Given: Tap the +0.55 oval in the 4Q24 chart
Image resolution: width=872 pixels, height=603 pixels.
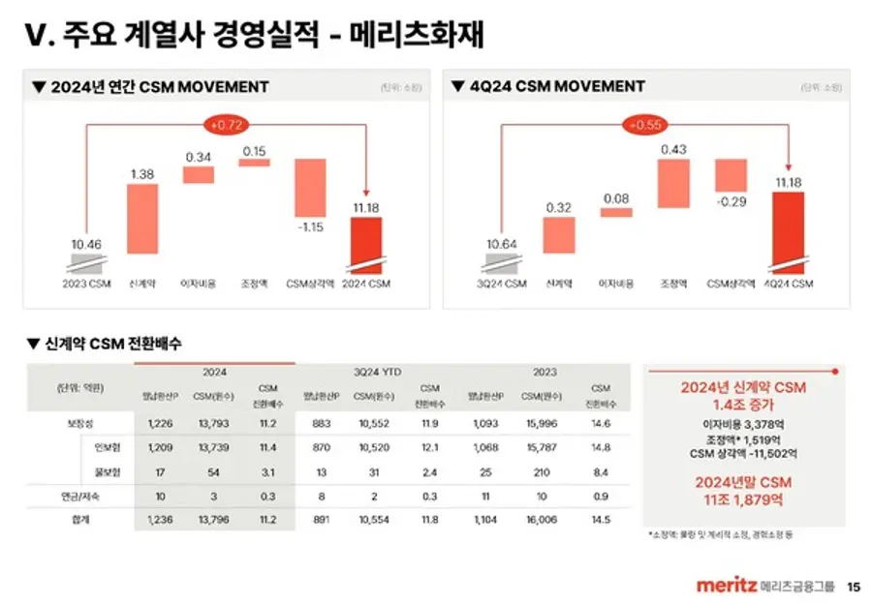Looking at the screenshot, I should click(x=645, y=125).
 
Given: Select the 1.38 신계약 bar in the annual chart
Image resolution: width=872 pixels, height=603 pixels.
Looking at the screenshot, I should click(x=141, y=219).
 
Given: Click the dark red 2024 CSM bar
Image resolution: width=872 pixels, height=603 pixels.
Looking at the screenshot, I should click(x=366, y=245).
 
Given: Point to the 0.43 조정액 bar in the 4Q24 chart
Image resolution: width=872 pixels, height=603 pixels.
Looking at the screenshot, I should click(x=673, y=184).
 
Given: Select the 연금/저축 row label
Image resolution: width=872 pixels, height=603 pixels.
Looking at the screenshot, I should click(x=80, y=496).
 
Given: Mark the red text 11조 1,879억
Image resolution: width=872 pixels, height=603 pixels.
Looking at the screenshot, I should click(x=743, y=500).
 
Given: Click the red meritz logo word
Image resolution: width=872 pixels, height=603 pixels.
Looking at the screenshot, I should click(x=726, y=586).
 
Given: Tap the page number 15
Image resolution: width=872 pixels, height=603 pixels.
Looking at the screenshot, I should click(x=853, y=586).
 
